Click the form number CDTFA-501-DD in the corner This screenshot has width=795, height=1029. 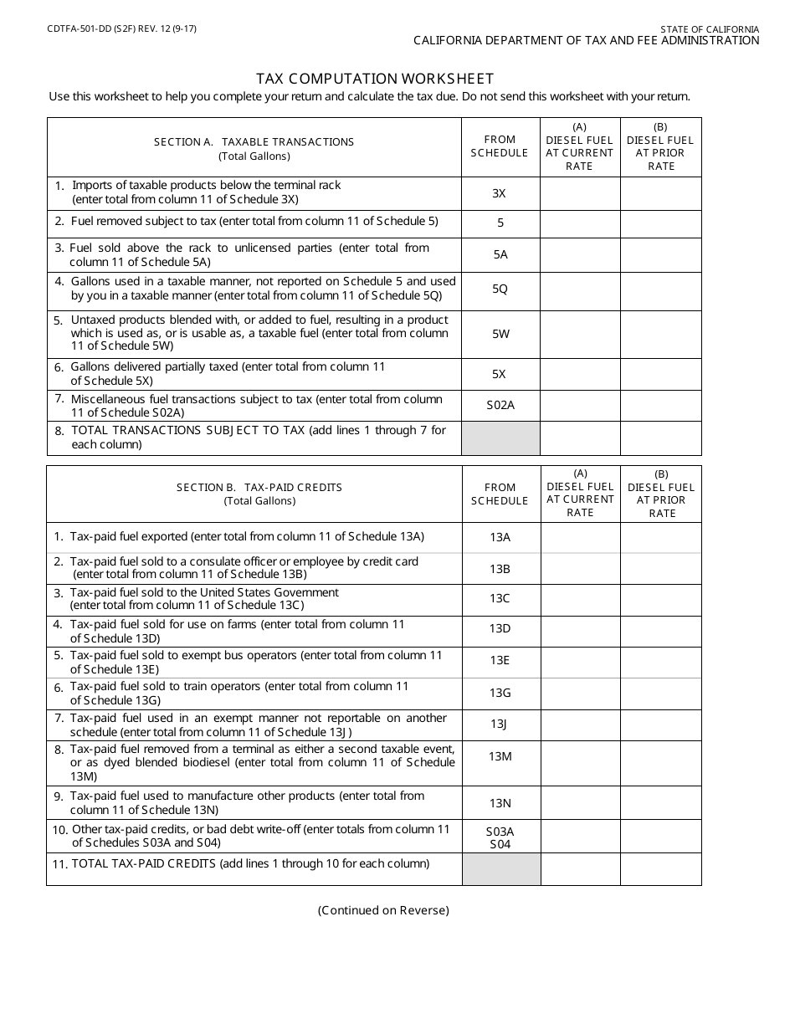tap(74, 28)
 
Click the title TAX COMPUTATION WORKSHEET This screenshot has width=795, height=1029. tap(375, 79)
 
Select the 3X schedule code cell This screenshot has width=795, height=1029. tap(500, 193)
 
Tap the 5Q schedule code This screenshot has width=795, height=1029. tap(500, 289)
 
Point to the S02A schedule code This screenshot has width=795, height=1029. tap(500, 406)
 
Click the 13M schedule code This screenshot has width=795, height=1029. tap(500, 756)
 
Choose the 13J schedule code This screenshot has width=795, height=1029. tap(500, 724)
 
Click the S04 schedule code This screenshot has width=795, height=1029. tap(500, 844)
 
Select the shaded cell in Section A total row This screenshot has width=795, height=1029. tap(500, 438)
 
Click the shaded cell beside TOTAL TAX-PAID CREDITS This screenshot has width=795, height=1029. tap(501, 868)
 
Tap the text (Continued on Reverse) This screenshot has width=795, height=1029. tap(383, 910)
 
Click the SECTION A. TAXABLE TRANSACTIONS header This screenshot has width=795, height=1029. tap(254, 142)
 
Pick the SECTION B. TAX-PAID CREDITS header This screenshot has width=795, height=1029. tap(259, 488)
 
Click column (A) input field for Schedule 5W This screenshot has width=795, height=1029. tap(580, 334)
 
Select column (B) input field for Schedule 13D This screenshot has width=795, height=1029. tap(660, 631)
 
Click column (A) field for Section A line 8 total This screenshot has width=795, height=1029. tap(580, 438)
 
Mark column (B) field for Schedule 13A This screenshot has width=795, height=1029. tap(660, 537)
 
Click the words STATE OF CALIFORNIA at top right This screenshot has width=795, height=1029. tap(710, 29)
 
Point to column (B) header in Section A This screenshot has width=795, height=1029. tap(660, 147)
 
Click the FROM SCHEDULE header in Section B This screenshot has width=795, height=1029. tap(500, 494)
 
